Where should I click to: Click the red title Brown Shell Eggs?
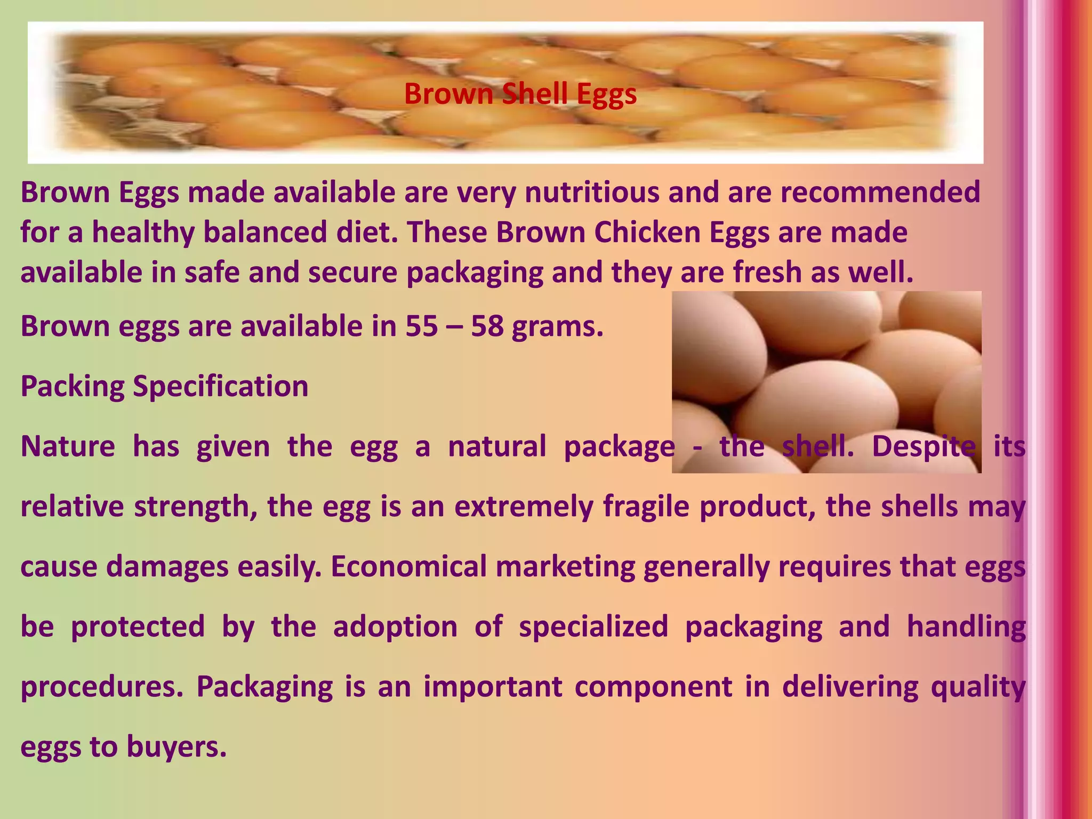pyautogui.click(x=520, y=94)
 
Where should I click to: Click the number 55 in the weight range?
pyautogui.click(x=421, y=326)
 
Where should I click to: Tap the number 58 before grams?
pyautogui.click(x=487, y=326)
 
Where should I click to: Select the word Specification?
pyautogui.click(x=220, y=386)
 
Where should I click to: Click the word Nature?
pyautogui.click(x=68, y=446)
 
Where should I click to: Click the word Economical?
pyautogui.click(x=408, y=566)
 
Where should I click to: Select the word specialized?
pyautogui.click(x=593, y=626)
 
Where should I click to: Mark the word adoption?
pyautogui.click(x=395, y=626)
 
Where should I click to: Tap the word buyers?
pyautogui.click(x=176, y=746)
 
